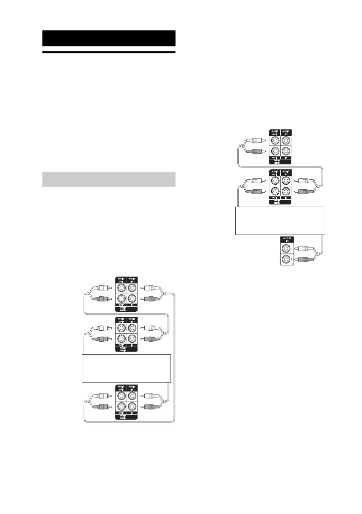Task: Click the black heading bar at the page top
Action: (x=109, y=38)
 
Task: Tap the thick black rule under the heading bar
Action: (x=109, y=52)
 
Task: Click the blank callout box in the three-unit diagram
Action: (x=126, y=368)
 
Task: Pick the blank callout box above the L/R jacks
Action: (x=280, y=220)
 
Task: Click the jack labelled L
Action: (x=286, y=248)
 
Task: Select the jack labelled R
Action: (x=286, y=259)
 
